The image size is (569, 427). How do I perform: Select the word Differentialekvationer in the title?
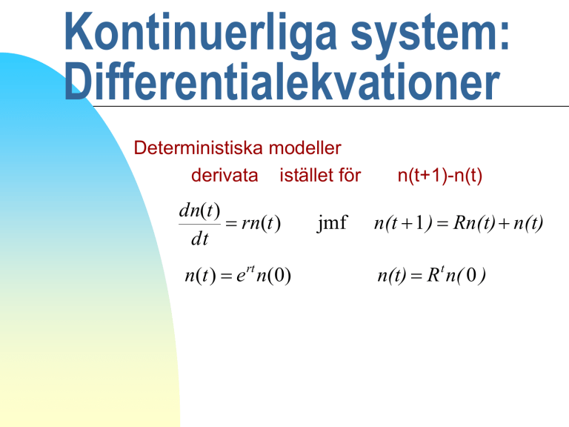click(x=282, y=82)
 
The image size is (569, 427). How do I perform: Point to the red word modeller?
click(x=305, y=148)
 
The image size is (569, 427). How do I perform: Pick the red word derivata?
click(x=224, y=176)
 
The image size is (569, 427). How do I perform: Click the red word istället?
click(x=305, y=175)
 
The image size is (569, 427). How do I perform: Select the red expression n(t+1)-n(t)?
click(x=440, y=176)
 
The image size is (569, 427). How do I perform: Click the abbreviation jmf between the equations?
click(x=332, y=223)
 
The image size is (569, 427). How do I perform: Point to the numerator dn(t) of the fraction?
click(x=199, y=211)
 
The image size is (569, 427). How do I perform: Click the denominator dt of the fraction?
click(x=199, y=239)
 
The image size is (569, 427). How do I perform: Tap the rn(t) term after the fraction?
click(x=262, y=223)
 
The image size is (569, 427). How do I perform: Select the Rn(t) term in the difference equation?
click(x=474, y=223)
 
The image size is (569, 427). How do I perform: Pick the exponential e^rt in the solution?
click(x=246, y=274)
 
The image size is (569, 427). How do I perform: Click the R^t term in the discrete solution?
click(x=436, y=274)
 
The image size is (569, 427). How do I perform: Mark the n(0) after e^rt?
click(x=273, y=276)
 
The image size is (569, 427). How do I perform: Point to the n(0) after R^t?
click(x=465, y=276)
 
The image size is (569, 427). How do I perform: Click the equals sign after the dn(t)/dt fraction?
click(x=231, y=224)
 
